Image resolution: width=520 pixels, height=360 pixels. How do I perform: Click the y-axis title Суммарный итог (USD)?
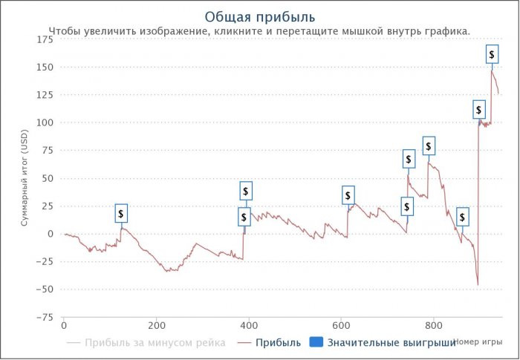pyautogui.click(x=24, y=178)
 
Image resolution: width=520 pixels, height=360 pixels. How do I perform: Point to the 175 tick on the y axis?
pyautogui.click(x=44, y=39)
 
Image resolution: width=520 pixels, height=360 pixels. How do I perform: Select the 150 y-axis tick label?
pyautogui.click(x=44, y=68)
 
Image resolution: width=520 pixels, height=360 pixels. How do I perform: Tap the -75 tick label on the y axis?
pyautogui.click(x=45, y=317)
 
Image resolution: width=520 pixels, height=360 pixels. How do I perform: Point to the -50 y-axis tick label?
pyautogui.click(x=45, y=289)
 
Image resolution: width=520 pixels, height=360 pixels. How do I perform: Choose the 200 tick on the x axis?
pyautogui.click(x=156, y=325)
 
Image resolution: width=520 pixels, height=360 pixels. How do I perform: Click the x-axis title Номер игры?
pyautogui.click(x=478, y=342)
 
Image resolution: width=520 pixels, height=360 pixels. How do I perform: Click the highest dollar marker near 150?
pyautogui.click(x=492, y=55)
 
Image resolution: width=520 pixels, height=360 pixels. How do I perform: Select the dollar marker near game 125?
pyautogui.click(x=121, y=213)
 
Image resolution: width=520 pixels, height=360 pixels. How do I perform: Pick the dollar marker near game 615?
pyautogui.click(x=348, y=195)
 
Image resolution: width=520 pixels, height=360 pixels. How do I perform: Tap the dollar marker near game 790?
pyautogui.click(x=429, y=146)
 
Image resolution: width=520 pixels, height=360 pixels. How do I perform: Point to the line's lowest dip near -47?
pyautogui.click(x=478, y=284)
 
